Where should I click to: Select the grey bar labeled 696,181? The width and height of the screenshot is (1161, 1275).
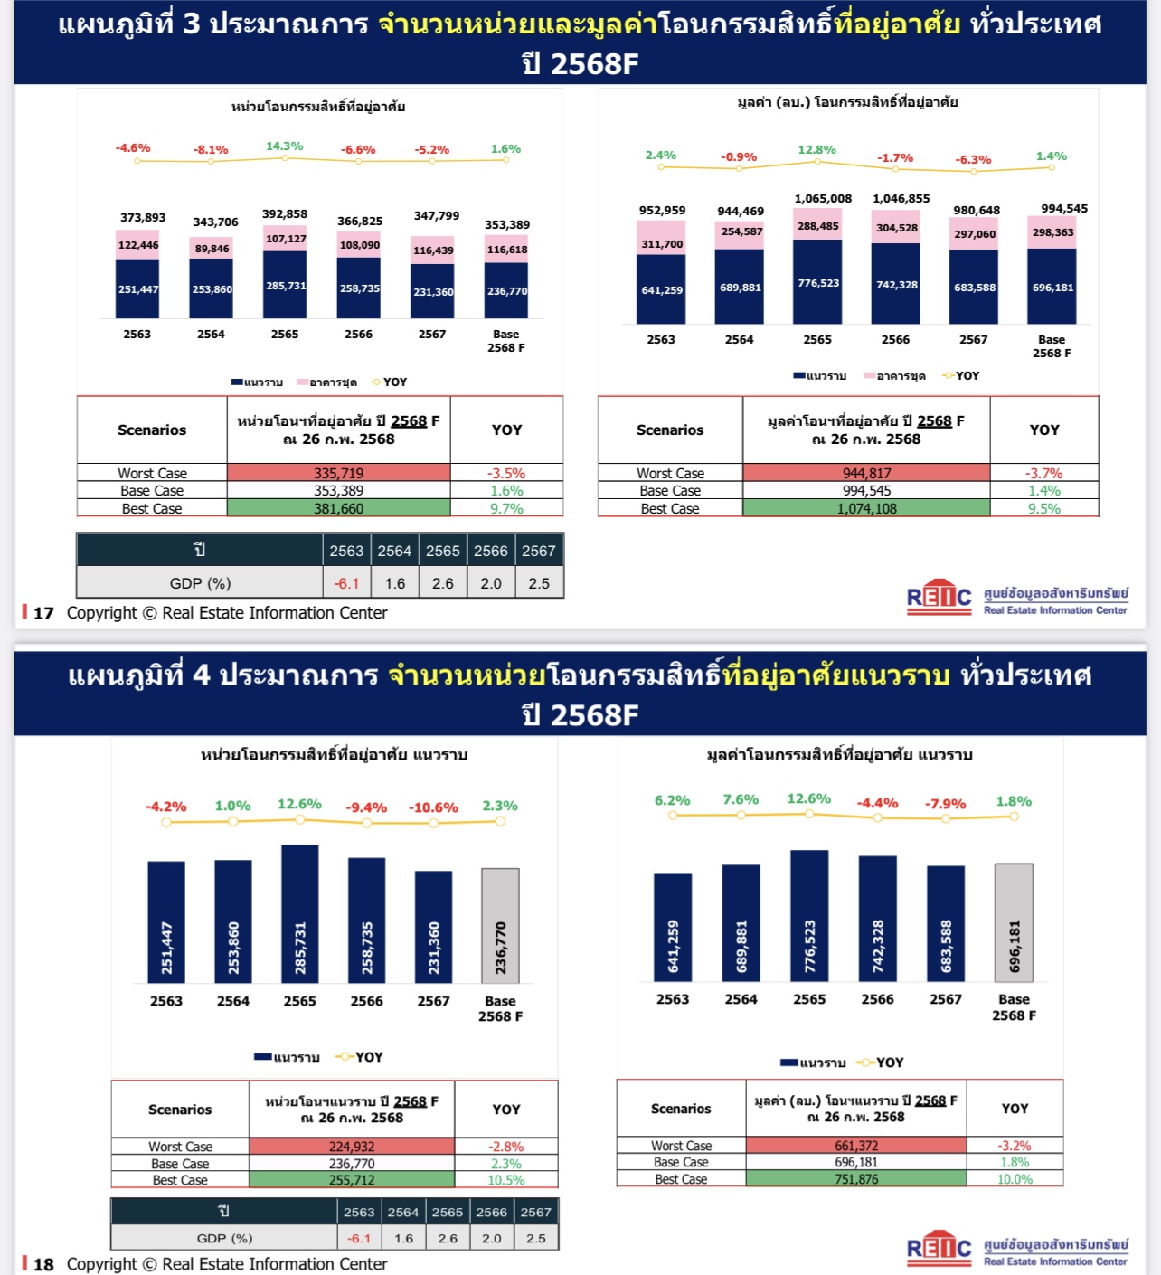[1014, 922]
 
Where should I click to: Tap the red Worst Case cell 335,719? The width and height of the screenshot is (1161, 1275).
[338, 473]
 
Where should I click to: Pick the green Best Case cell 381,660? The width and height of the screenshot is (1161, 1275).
[338, 508]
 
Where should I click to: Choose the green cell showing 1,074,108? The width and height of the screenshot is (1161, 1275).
[866, 508]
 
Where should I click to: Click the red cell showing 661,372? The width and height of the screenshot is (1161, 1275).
[856, 1146]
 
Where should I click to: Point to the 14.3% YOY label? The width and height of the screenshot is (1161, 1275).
[285, 146]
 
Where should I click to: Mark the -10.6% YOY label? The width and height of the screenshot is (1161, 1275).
[433, 807]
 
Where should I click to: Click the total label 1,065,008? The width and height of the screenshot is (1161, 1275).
[823, 199]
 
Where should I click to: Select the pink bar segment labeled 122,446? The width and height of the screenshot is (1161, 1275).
[137, 245]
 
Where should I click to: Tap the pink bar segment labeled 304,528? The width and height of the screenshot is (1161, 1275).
[896, 228]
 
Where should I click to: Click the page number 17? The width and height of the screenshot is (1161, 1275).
[43, 613]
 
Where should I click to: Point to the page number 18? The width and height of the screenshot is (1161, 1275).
[43, 1264]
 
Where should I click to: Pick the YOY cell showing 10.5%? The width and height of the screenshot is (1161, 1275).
[506, 1180]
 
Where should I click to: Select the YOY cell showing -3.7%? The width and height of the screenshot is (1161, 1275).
[1044, 473]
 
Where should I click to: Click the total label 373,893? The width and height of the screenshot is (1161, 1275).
[143, 218]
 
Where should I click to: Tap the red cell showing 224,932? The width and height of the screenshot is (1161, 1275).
[352, 1147]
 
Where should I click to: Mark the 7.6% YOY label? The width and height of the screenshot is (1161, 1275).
[741, 800]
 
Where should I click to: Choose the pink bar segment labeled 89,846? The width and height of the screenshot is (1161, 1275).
[212, 249]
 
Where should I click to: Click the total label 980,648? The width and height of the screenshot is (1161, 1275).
[977, 211]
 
